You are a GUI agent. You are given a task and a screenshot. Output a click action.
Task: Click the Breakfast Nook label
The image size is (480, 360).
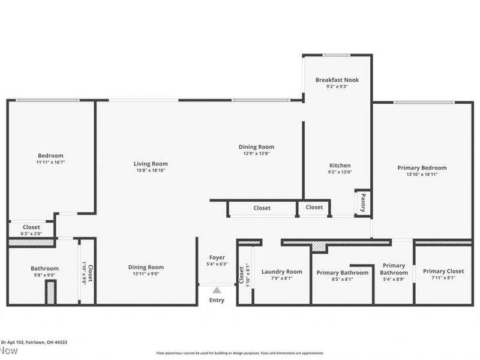click(337, 80)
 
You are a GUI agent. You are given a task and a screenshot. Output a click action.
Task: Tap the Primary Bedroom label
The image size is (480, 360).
click(422, 168)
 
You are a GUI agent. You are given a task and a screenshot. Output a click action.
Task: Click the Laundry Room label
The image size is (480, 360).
click(282, 272)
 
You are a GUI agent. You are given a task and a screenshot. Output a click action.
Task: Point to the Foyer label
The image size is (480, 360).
click(217, 257)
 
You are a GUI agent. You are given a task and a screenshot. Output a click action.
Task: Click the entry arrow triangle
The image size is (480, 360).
click(217, 290)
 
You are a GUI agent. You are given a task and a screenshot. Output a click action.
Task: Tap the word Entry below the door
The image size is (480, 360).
click(217, 300)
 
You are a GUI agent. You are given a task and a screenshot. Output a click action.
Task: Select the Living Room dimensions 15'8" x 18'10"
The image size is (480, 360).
click(151, 170)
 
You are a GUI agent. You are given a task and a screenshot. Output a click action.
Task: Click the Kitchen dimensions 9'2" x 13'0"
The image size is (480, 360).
click(340, 172)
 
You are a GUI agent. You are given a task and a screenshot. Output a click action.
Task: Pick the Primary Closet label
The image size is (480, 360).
click(443, 272)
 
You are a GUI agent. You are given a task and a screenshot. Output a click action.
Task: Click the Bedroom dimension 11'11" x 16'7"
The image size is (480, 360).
click(50, 163)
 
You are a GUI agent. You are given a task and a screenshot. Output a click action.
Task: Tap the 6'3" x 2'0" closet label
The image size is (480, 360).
click(31, 233)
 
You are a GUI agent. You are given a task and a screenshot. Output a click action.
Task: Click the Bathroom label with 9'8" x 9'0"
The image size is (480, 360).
click(45, 268)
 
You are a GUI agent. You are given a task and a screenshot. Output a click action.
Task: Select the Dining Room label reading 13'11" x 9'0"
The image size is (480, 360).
click(146, 268)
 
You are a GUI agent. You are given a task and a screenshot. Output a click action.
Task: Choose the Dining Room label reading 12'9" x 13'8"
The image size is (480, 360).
click(257, 147)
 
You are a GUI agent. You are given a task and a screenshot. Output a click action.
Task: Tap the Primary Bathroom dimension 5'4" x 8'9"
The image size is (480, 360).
click(394, 279)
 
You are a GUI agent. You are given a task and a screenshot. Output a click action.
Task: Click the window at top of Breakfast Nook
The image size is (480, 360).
click(337, 55)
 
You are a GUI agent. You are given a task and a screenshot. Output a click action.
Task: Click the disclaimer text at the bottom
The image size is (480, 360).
click(240, 353)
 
